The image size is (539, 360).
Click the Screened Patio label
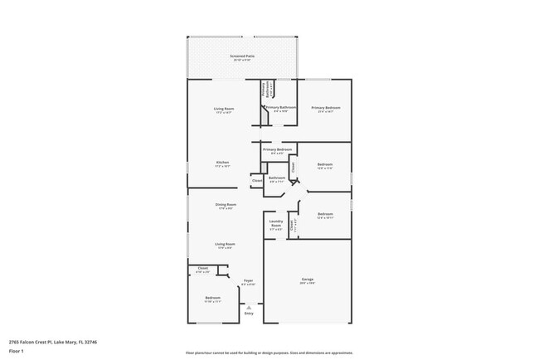(242, 56)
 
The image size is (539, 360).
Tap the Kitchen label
(222, 162)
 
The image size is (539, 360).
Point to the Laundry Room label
(276, 221)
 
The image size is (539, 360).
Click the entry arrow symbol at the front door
(248, 306)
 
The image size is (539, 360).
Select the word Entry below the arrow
(248, 314)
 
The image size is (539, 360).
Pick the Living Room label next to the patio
(224, 108)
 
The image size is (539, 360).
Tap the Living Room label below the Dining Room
(225, 244)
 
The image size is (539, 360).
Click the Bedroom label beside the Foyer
(213, 297)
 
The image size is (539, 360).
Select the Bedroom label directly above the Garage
(325, 215)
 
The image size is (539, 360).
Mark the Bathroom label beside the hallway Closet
(276, 178)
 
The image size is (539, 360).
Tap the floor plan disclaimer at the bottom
(269, 352)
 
